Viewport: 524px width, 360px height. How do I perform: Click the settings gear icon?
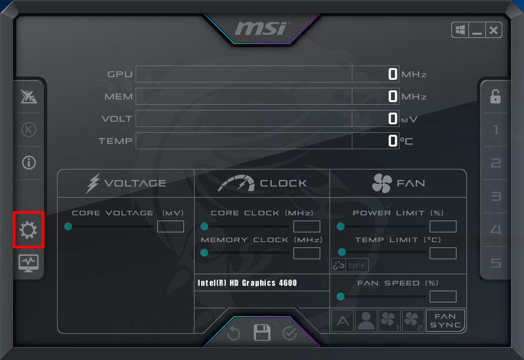pyautogui.click(x=28, y=230)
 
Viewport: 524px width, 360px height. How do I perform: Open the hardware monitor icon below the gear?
pyautogui.click(x=28, y=263)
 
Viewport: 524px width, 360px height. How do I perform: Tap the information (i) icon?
pyautogui.click(x=29, y=162)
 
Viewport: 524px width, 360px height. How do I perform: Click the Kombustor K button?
pyautogui.click(x=29, y=129)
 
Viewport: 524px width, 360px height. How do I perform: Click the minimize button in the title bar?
pyautogui.click(x=477, y=30)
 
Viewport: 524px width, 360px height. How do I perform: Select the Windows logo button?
pyautogui.click(x=460, y=30)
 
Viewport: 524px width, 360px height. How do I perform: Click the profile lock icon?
pyautogui.click(x=495, y=96)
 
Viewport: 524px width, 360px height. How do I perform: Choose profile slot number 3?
pyautogui.click(x=496, y=196)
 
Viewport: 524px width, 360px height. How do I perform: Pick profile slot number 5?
pyautogui.click(x=496, y=263)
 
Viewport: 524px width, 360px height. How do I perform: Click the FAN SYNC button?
pyautogui.click(x=445, y=321)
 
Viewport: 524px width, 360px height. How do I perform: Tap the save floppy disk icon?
pyautogui.click(x=262, y=333)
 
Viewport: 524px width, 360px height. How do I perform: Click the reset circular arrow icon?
pyautogui.click(x=234, y=333)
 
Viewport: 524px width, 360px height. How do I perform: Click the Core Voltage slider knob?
pyautogui.click(x=68, y=226)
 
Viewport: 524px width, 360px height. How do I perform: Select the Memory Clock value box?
pyautogui.click(x=307, y=253)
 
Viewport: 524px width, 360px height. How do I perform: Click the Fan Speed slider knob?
pyautogui.click(x=341, y=297)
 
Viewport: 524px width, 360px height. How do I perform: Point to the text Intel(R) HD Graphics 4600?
pyautogui.click(x=248, y=283)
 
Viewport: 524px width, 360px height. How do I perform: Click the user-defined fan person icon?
pyautogui.click(x=366, y=321)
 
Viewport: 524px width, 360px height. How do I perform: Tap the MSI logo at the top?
pyautogui.click(x=261, y=28)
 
